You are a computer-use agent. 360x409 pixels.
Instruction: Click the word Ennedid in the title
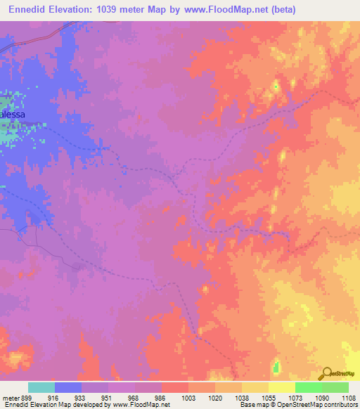tap(28, 9)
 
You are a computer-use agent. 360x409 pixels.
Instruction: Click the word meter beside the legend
tap(11, 397)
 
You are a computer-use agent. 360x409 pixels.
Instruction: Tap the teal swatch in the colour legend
tap(41, 387)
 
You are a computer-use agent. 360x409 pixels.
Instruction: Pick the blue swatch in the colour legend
tap(68, 387)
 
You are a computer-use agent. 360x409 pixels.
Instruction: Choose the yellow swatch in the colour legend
tap(282, 387)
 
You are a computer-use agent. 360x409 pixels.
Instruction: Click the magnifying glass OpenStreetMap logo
tap(326, 373)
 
